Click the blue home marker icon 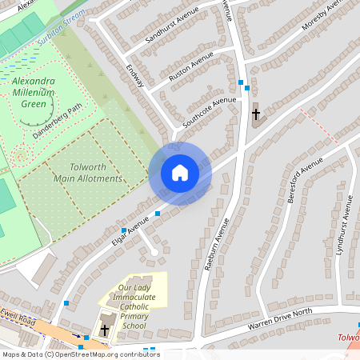(x=180, y=173)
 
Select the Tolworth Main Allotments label (x=88, y=172)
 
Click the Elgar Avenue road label (x=130, y=228)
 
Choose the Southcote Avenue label (x=209, y=113)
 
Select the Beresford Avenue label (x=303, y=180)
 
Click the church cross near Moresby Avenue (x=256, y=114)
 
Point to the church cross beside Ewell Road (x=105, y=329)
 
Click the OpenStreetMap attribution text (x=80, y=354)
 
